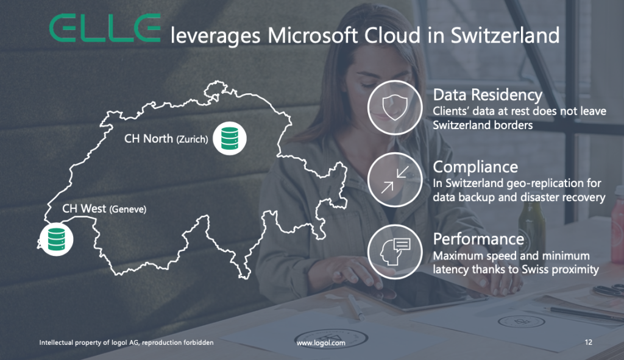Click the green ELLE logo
click(105, 28)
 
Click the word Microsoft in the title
click(313, 35)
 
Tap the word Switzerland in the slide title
click(505, 35)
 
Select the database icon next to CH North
click(230, 138)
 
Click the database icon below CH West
click(57, 239)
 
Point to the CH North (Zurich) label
click(166, 139)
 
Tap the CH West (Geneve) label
click(104, 209)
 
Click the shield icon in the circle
click(395, 107)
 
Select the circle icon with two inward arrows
click(395, 180)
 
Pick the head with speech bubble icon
click(395, 252)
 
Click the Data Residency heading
click(487, 96)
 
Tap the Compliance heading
click(475, 167)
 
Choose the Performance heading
click(478, 239)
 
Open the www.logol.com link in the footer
click(321, 343)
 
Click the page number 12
click(589, 342)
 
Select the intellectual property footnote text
click(126, 342)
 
